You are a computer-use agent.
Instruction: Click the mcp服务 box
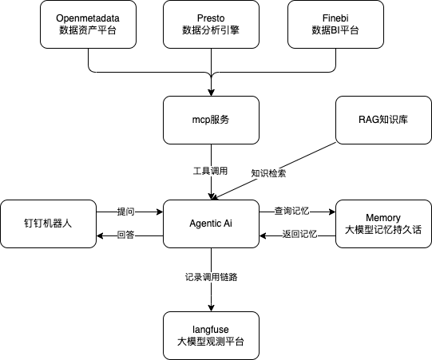(x=211, y=120)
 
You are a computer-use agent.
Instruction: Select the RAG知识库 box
(x=383, y=120)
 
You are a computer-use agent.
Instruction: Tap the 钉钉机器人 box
(x=48, y=224)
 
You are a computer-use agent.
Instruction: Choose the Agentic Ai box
(x=211, y=224)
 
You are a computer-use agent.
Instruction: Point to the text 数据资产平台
(x=89, y=30)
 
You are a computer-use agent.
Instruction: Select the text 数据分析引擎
(x=211, y=30)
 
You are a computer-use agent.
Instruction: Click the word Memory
(x=383, y=217)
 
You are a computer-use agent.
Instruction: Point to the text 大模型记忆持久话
(x=383, y=230)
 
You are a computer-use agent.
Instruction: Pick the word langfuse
(x=211, y=329)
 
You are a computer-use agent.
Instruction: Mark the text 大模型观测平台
(x=211, y=342)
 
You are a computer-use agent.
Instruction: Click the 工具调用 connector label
(x=211, y=171)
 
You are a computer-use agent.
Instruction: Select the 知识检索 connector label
(x=268, y=172)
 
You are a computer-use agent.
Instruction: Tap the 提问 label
(x=125, y=212)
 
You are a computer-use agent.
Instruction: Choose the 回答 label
(x=125, y=235)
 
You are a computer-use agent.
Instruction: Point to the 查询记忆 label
(x=291, y=212)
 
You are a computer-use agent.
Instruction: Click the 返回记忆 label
(x=299, y=235)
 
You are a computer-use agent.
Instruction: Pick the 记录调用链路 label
(x=211, y=277)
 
